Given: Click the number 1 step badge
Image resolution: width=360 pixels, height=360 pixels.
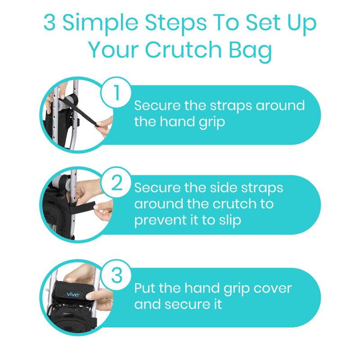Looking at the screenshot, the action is (116, 92).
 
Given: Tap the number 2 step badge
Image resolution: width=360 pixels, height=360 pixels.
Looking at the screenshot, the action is (116, 183).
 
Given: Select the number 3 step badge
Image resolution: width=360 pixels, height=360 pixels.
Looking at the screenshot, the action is (116, 275).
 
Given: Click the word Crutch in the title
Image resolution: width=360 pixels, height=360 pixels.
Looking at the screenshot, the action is (184, 49).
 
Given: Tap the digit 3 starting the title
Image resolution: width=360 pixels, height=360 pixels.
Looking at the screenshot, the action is (49, 22).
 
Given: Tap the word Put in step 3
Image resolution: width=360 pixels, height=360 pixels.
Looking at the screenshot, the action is (145, 288).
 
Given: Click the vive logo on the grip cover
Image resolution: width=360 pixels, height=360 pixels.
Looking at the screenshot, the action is (73, 294).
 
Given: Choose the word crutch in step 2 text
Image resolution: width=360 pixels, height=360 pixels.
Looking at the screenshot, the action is (234, 204).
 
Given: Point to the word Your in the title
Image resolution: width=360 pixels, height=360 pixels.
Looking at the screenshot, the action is (113, 50).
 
